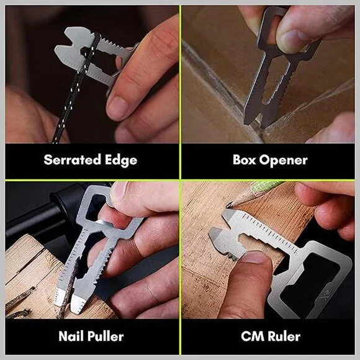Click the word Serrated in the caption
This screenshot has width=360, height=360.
(x=73, y=160)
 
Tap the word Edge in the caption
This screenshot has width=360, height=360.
(x=121, y=161)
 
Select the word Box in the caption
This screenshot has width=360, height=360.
(x=245, y=160)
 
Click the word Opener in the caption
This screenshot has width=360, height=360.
(x=284, y=161)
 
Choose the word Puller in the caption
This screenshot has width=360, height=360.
(x=106, y=337)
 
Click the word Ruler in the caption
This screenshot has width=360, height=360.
(x=284, y=336)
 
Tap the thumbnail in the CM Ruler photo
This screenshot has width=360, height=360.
(x=254, y=258)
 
